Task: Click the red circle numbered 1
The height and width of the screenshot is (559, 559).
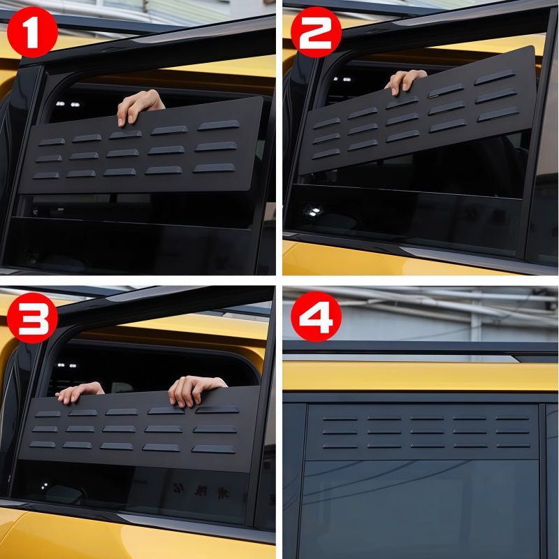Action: tap(32, 31)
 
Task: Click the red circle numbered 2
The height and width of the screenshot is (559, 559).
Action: tap(316, 31)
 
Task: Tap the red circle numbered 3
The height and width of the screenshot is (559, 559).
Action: tap(32, 317)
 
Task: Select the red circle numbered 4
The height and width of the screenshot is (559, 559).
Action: tap(316, 317)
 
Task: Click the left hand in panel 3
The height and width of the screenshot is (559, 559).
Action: tap(80, 392)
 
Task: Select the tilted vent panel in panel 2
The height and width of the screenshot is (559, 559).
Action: tap(419, 112)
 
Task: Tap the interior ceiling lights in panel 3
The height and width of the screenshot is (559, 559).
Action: tap(66, 365)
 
